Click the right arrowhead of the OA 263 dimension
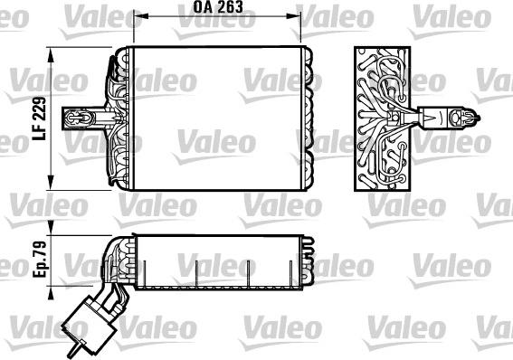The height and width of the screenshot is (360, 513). tap(296, 15)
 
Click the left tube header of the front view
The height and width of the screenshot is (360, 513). tap(116, 117)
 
